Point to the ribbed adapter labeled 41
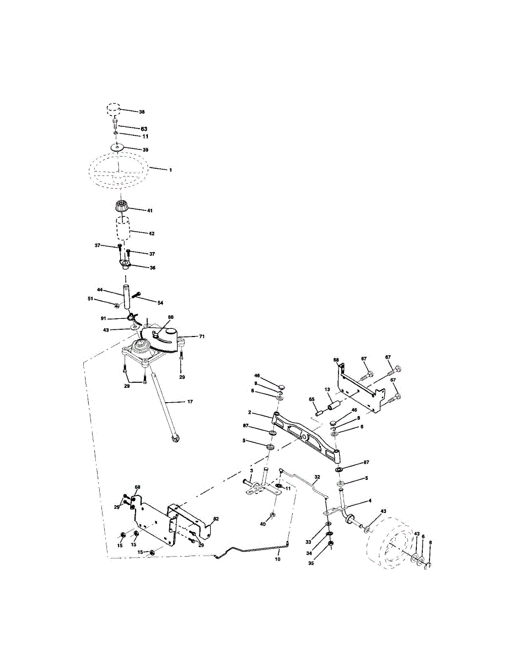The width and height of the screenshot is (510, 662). (122, 209)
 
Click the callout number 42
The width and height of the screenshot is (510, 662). (136, 233)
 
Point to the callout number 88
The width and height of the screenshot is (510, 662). (170, 317)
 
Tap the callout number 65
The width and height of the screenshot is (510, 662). (312, 399)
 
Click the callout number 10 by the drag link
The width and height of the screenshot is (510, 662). (277, 559)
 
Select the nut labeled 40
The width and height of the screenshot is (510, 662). (272, 516)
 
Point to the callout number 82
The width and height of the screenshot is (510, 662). (216, 519)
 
